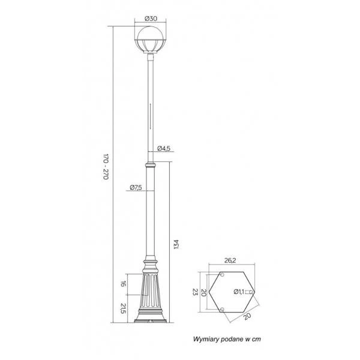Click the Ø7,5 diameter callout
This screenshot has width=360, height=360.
136,188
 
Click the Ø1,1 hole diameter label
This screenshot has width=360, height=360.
238,292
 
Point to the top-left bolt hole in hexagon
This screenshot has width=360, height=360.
221,275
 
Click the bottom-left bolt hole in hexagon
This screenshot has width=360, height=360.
221,309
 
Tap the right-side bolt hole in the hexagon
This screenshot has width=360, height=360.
252,292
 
